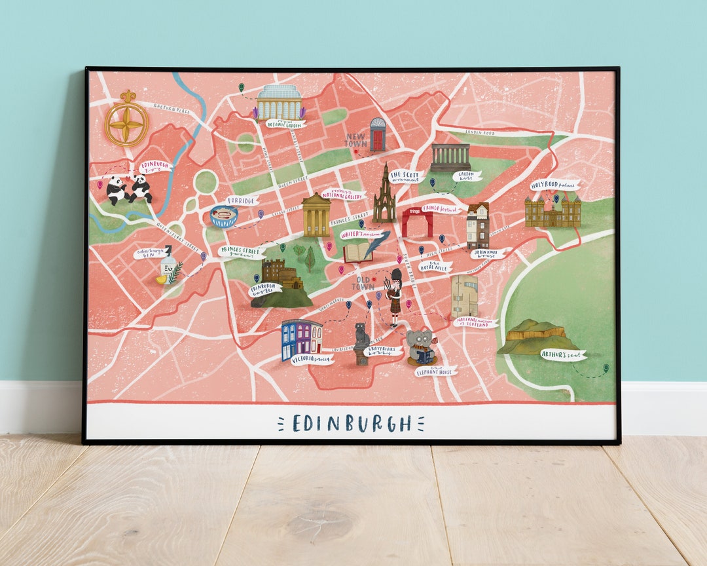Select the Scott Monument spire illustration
click(x=384, y=195)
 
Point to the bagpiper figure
click(x=394, y=297)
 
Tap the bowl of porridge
click(x=224, y=216)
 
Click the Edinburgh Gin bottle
click(x=169, y=265)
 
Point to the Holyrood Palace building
click(x=553, y=211)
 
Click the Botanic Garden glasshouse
click(x=280, y=102)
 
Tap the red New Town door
click(x=377, y=135)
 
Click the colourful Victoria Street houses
click(x=301, y=337)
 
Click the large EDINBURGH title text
click(x=352, y=423)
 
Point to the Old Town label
click(x=363, y=282)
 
